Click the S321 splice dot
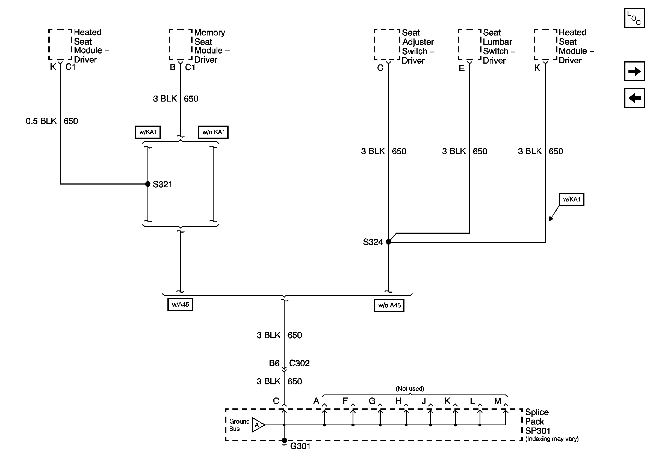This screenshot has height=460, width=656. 147,184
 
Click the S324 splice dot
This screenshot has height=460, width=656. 388,242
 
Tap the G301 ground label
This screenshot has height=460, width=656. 300,446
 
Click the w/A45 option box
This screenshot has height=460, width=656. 180,304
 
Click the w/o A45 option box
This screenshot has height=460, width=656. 389,305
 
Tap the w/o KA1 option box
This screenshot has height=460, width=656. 213,132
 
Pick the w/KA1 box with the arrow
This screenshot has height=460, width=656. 571,199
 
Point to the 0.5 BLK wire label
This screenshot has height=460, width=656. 41,121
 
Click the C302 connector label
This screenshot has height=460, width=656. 299,363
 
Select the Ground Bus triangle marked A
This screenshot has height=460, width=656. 258,425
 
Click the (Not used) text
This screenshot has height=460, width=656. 410,389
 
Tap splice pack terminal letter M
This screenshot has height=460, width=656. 498,401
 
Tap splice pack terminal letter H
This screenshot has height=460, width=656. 398,401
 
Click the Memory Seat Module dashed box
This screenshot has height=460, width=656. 181,44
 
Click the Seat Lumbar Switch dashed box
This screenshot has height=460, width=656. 470,44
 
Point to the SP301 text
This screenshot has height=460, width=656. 537,431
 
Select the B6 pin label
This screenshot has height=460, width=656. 274,363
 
